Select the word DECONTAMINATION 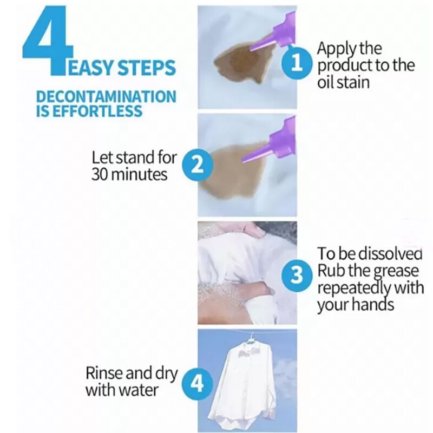pyautogui.click(x=106, y=97)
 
